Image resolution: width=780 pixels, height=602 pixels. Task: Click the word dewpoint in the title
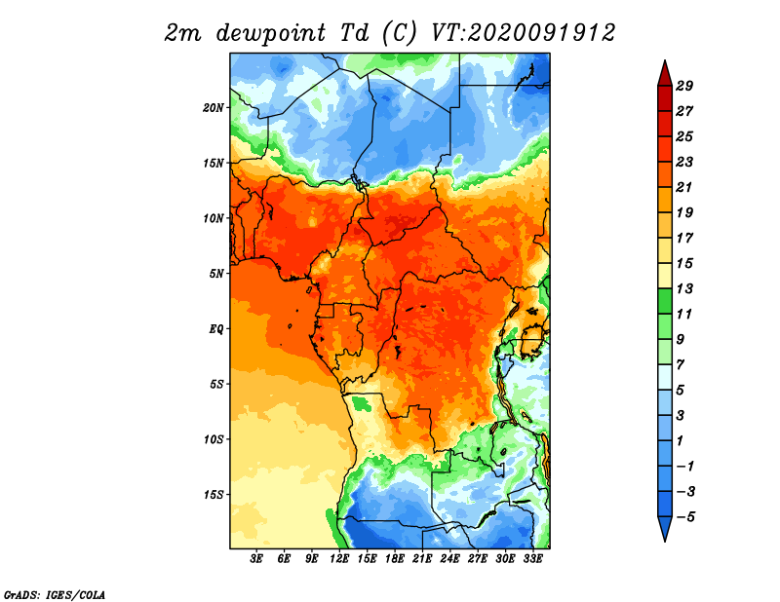[271, 33]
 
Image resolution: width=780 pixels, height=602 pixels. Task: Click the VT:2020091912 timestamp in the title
[524, 33]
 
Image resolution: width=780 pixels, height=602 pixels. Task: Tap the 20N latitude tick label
[214, 107]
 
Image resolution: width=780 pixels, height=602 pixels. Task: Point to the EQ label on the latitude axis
[216, 328]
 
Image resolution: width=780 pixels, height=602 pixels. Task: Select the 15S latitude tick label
[214, 495]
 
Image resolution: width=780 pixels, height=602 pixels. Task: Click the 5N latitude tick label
[216, 274]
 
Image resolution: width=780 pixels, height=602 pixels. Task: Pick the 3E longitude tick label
[256, 558]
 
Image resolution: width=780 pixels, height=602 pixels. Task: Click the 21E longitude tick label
[422, 558]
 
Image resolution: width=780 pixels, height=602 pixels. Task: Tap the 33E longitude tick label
[532, 558]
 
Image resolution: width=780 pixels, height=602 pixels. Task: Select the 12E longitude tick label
[339, 558]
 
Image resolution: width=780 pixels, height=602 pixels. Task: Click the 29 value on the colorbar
[684, 86]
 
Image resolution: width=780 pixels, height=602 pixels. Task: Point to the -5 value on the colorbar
[685, 517]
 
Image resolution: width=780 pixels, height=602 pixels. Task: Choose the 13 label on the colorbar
[684, 288]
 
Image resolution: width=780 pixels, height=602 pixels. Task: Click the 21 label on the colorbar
[684, 187]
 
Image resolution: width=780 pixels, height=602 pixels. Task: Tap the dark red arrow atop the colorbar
[665, 73]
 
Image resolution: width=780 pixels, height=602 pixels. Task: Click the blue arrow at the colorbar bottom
[665, 529]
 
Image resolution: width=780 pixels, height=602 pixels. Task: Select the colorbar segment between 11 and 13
[665, 301]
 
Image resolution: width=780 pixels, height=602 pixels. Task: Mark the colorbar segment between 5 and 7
[665, 377]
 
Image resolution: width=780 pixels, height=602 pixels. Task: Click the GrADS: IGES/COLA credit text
[55, 594]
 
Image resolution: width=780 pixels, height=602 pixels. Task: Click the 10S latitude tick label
[214, 439]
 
